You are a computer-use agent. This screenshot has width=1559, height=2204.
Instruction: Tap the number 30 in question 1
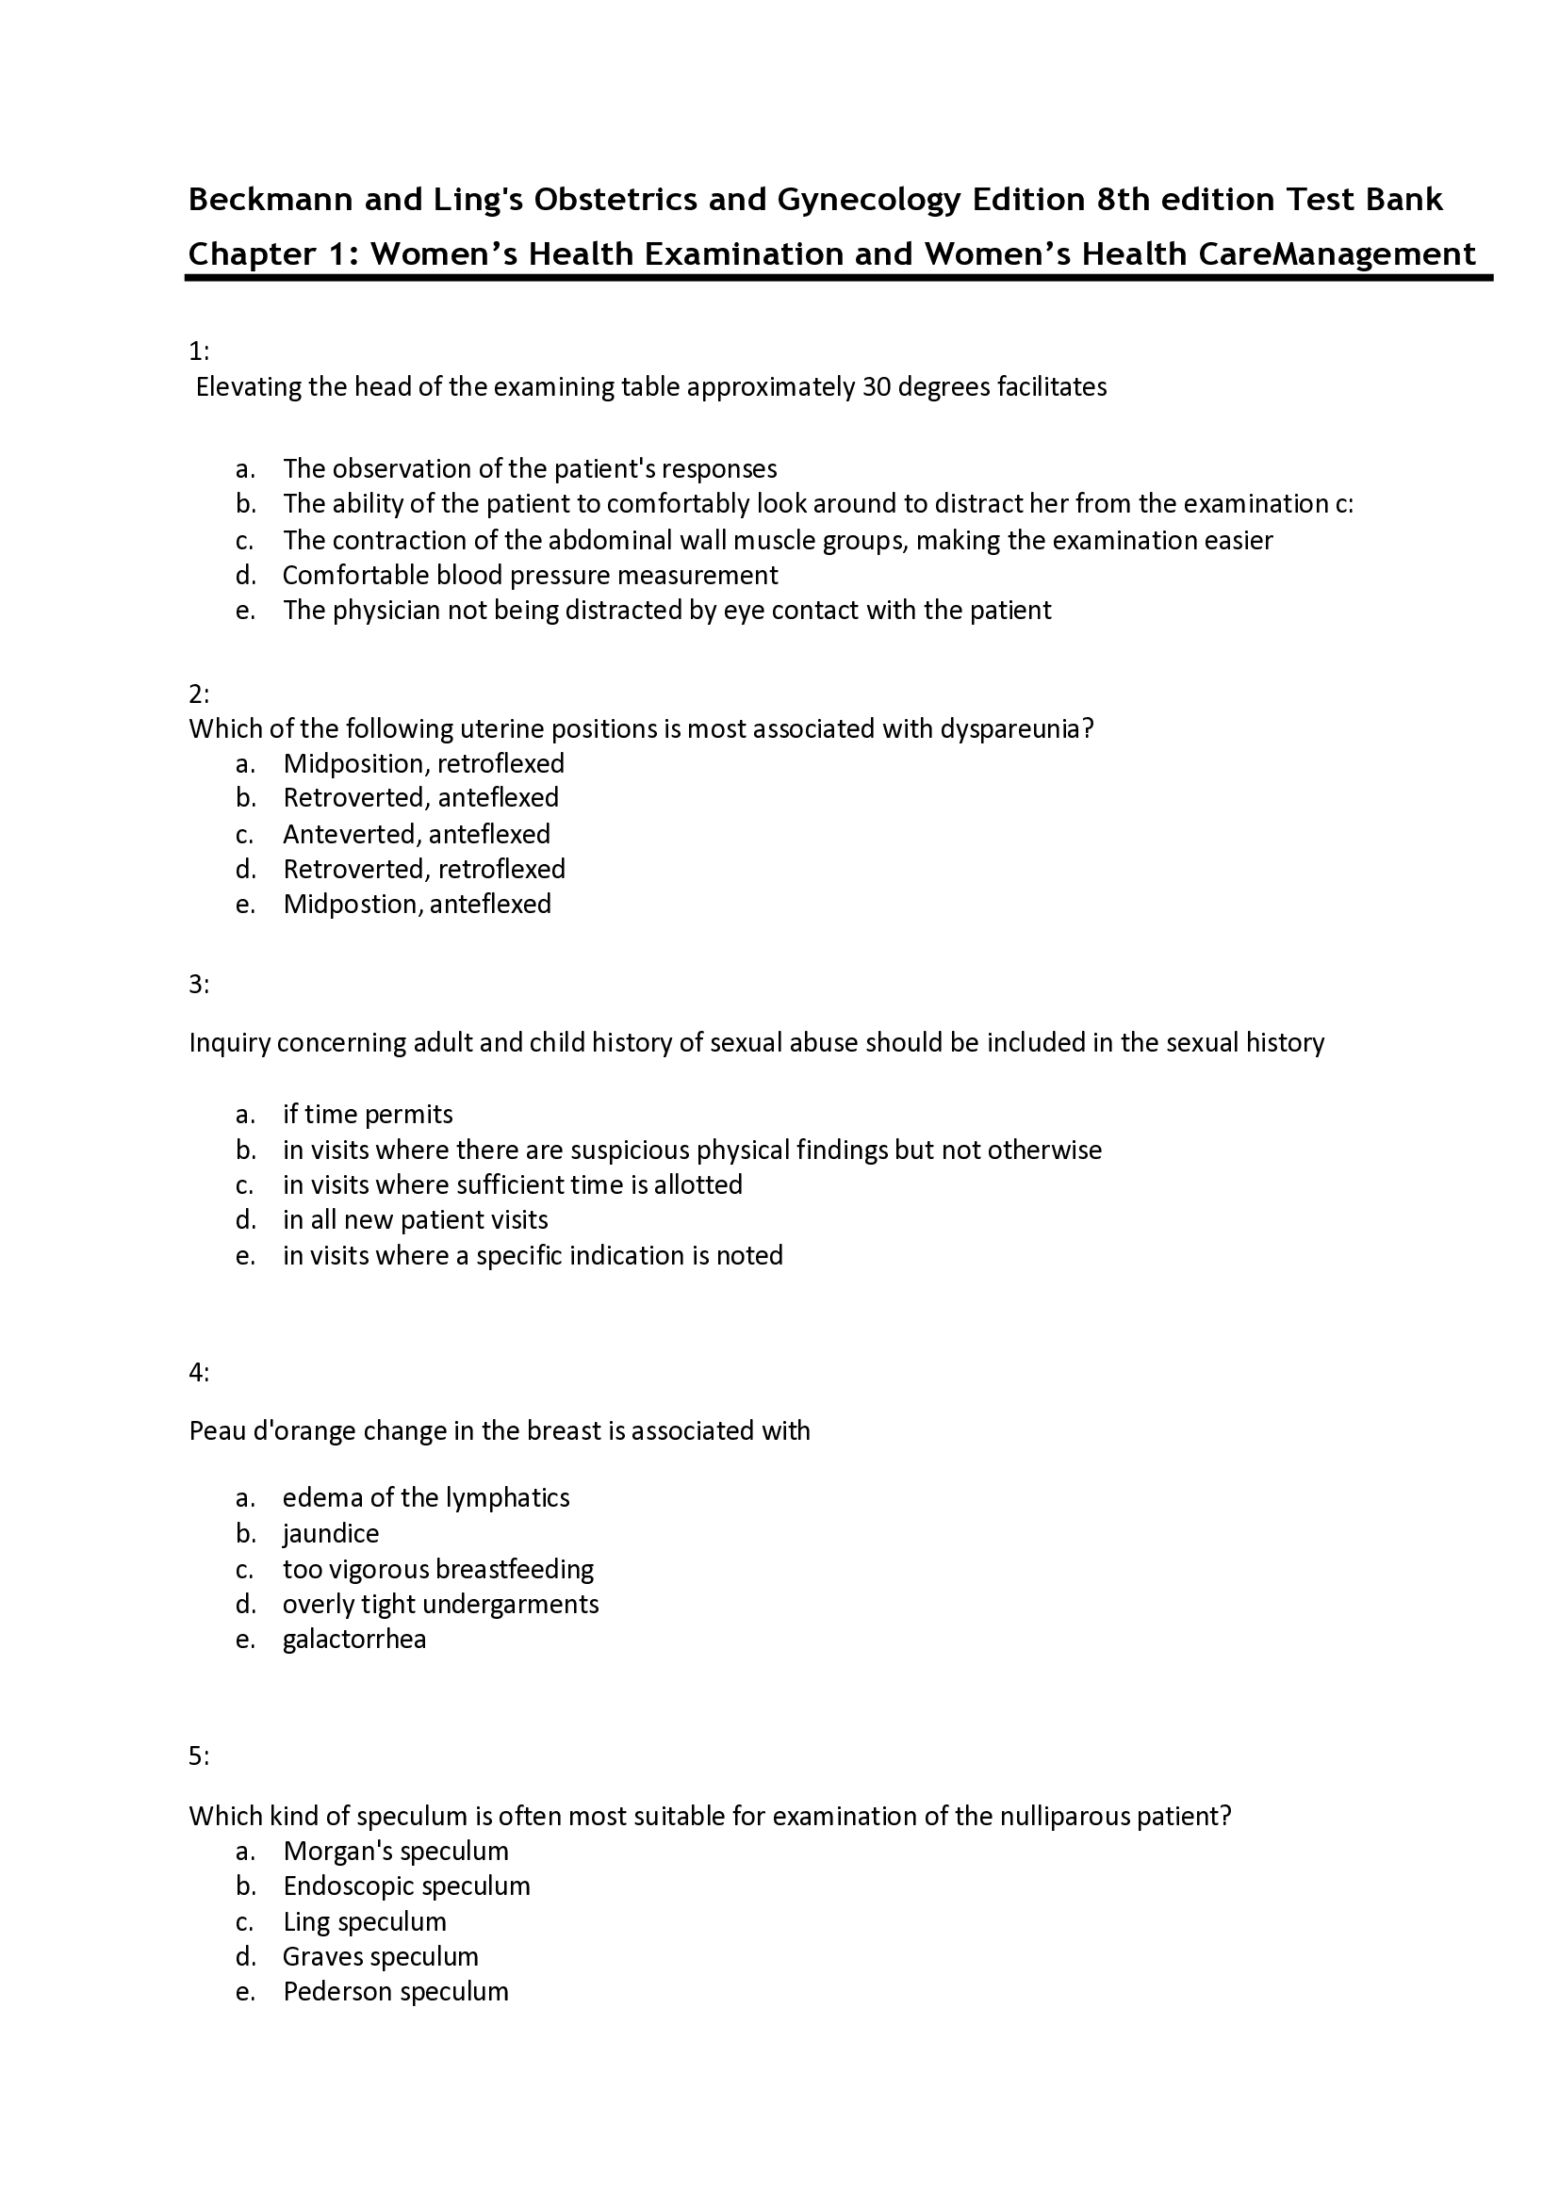[x=878, y=387]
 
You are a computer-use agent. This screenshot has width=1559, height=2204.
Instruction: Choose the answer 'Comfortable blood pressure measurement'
[x=530, y=575]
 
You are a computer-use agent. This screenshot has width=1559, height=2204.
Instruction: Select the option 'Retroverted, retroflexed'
[x=423, y=869]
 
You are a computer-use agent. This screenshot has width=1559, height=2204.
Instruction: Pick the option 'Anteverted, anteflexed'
[x=417, y=833]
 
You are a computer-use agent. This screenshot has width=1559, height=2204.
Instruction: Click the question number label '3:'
[x=199, y=984]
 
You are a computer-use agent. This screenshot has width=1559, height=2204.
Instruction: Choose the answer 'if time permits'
[x=368, y=1114]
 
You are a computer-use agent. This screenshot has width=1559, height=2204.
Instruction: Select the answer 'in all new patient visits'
[x=416, y=1220]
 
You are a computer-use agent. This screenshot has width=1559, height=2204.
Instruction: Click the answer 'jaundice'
[x=331, y=1533]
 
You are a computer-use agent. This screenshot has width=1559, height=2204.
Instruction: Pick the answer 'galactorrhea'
[x=354, y=1639]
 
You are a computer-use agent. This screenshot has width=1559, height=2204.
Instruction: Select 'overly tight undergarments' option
[x=440, y=1604]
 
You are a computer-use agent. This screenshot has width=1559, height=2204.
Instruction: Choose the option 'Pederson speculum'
[x=396, y=1991]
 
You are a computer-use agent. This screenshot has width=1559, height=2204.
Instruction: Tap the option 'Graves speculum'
[x=380, y=1956]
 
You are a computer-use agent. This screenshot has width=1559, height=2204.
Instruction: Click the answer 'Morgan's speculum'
[x=396, y=1851]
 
